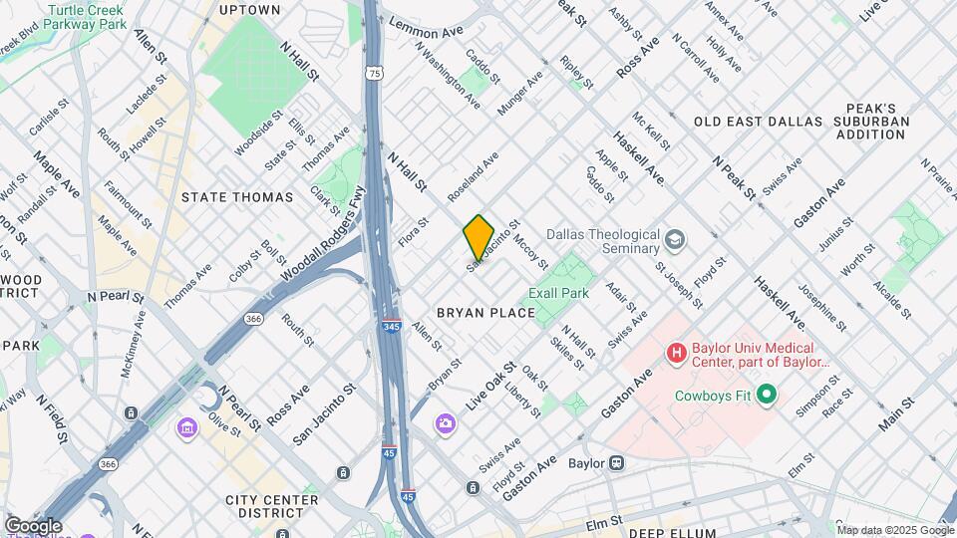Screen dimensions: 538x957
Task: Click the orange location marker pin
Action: click(478, 237)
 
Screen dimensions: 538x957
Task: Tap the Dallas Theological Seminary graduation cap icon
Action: click(675, 240)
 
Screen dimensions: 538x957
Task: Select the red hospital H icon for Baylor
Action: click(677, 352)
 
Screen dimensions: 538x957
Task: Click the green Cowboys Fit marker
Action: click(766, 396)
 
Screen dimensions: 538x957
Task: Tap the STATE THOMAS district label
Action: click(237, 197)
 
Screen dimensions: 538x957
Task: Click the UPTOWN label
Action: click(249, 10)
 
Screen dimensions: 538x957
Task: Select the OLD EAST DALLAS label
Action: click(757, 122)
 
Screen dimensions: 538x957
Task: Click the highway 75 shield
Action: click(374, 73)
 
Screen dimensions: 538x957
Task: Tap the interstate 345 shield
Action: click(392, 326)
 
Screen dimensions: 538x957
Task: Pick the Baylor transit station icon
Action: click(617, 462)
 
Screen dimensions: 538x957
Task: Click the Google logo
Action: click(33, 526)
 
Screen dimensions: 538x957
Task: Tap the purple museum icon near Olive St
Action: click(185, 427)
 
